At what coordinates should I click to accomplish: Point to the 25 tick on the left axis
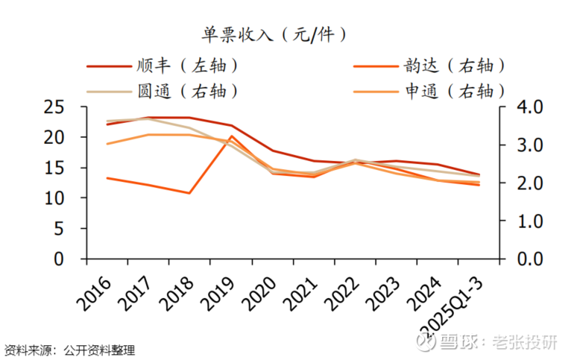53,107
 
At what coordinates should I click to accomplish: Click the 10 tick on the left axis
53,198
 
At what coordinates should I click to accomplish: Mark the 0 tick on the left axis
60,259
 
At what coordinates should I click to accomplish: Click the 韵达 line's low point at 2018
190,193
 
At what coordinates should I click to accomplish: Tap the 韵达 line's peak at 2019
232,136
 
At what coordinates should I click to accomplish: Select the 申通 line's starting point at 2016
107,144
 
